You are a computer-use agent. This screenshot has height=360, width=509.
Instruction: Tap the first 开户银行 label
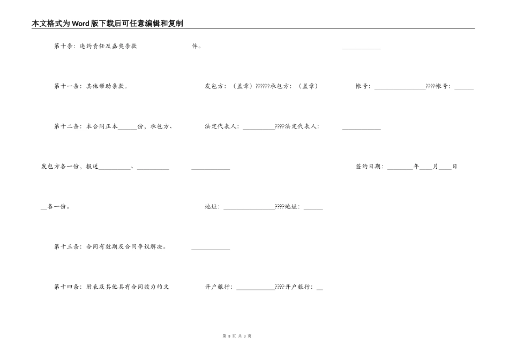pyautogui.click(x=219, y=287)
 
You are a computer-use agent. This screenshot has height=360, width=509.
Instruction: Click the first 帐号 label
pyautogui.click(x=362, y=86)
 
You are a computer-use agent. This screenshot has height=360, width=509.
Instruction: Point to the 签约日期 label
pyautogui.click(x=369, y=167)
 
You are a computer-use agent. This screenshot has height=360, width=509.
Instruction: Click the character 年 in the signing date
pyautogui.click(x=416, y=167)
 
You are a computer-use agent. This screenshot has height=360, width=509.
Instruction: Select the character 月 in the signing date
pyautogui.click(x=436, y=167)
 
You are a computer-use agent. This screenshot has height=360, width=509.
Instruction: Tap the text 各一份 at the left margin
pyautogui.click(x=58, y=207)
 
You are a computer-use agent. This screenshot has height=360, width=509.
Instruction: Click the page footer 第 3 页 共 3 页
pyautogui.click(x=237, y=336)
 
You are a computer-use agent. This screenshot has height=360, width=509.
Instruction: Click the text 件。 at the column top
pyautogui.click(x=197, y=46)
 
